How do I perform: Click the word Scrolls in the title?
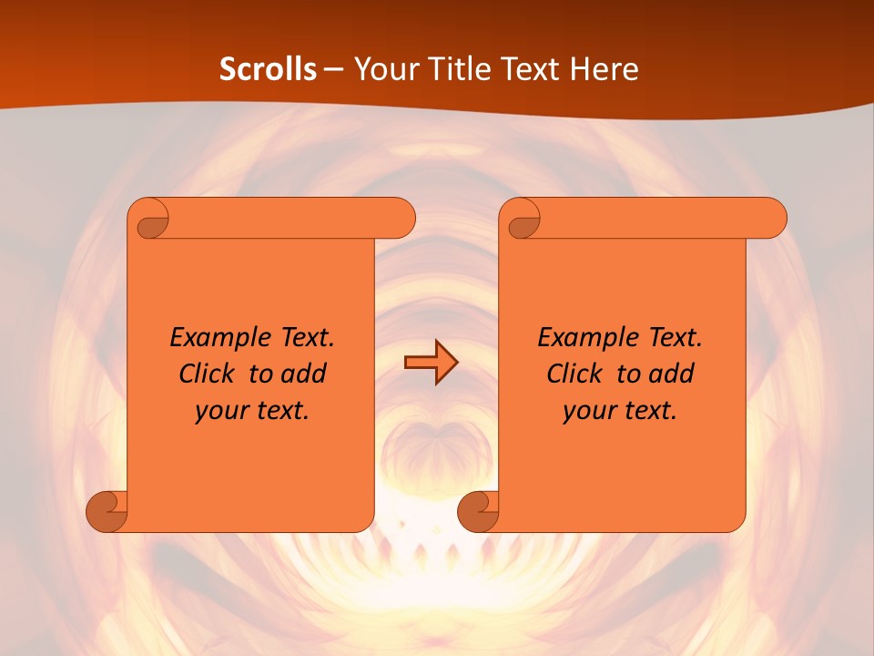[x=268, y=68]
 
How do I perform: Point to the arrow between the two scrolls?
[x=431, y=363]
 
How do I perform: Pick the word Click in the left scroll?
[x=206, y=374]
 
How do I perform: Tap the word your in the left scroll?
[x=219, y=412]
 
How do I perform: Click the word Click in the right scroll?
[x=574, y=374]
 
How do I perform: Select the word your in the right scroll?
[x=587, y=412]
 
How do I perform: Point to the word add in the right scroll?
[x=670, y=374]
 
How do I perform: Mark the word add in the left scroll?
[x=302, y=374]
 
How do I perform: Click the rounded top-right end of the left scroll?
[x=401, y=219]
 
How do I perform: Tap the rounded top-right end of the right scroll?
[x=772, y=219]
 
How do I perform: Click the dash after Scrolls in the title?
[x=333, y=69]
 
